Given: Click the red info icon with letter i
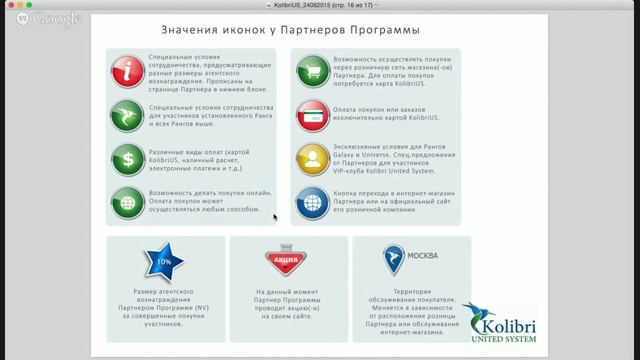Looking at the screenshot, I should [x=128, y=70].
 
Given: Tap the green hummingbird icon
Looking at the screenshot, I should [x=128, y=112].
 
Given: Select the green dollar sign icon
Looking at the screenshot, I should [x=128, y=157].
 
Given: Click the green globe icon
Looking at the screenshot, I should [x=128, y=199].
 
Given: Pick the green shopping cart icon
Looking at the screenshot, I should [x=312, y=70].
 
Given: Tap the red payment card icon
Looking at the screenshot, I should [x=312, y=114].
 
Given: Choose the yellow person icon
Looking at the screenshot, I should [x=312, y=157].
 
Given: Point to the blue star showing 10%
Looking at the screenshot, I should [x=164, y=262].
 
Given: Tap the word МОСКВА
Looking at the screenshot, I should [x=423, y=255].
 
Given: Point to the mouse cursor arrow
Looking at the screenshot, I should [x=275, y=215].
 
